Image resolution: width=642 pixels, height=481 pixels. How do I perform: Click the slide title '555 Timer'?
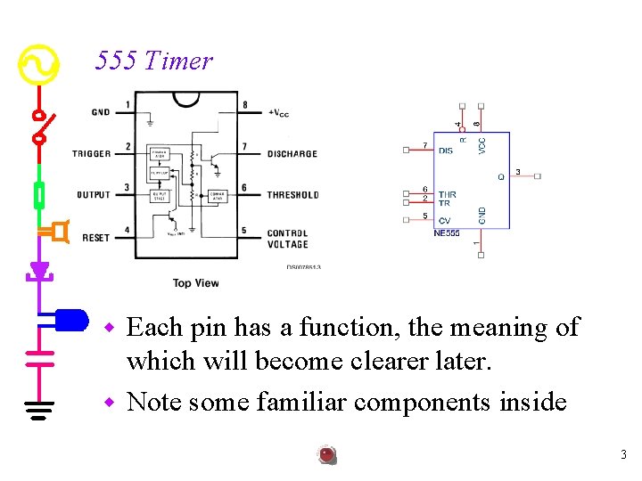pos(154,61)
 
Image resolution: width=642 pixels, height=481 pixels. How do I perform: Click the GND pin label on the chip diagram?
pos(101,112)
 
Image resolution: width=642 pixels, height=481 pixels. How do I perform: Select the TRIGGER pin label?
pos(91,153)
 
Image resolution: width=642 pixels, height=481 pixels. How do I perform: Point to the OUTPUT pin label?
pos(94,194)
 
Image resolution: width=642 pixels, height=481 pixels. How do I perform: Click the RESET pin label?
pos(96,238)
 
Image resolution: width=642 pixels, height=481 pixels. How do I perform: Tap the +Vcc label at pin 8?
pos(278,113)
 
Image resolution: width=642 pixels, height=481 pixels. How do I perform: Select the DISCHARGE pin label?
pos(292,153)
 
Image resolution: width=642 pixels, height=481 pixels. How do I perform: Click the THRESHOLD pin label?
pos(292,194)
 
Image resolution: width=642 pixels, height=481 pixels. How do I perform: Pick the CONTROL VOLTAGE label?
pos(287,239)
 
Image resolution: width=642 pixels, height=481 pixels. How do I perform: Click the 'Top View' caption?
pos(195,283)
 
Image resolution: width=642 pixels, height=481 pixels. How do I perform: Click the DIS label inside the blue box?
pos(446,151)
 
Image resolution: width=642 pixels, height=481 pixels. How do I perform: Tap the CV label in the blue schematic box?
pos(444,220)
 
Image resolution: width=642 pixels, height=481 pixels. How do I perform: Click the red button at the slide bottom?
pos(327,455)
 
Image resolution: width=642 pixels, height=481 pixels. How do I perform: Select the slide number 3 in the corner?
pos(623,455)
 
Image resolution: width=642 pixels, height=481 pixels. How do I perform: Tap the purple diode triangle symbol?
pos(39,269)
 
